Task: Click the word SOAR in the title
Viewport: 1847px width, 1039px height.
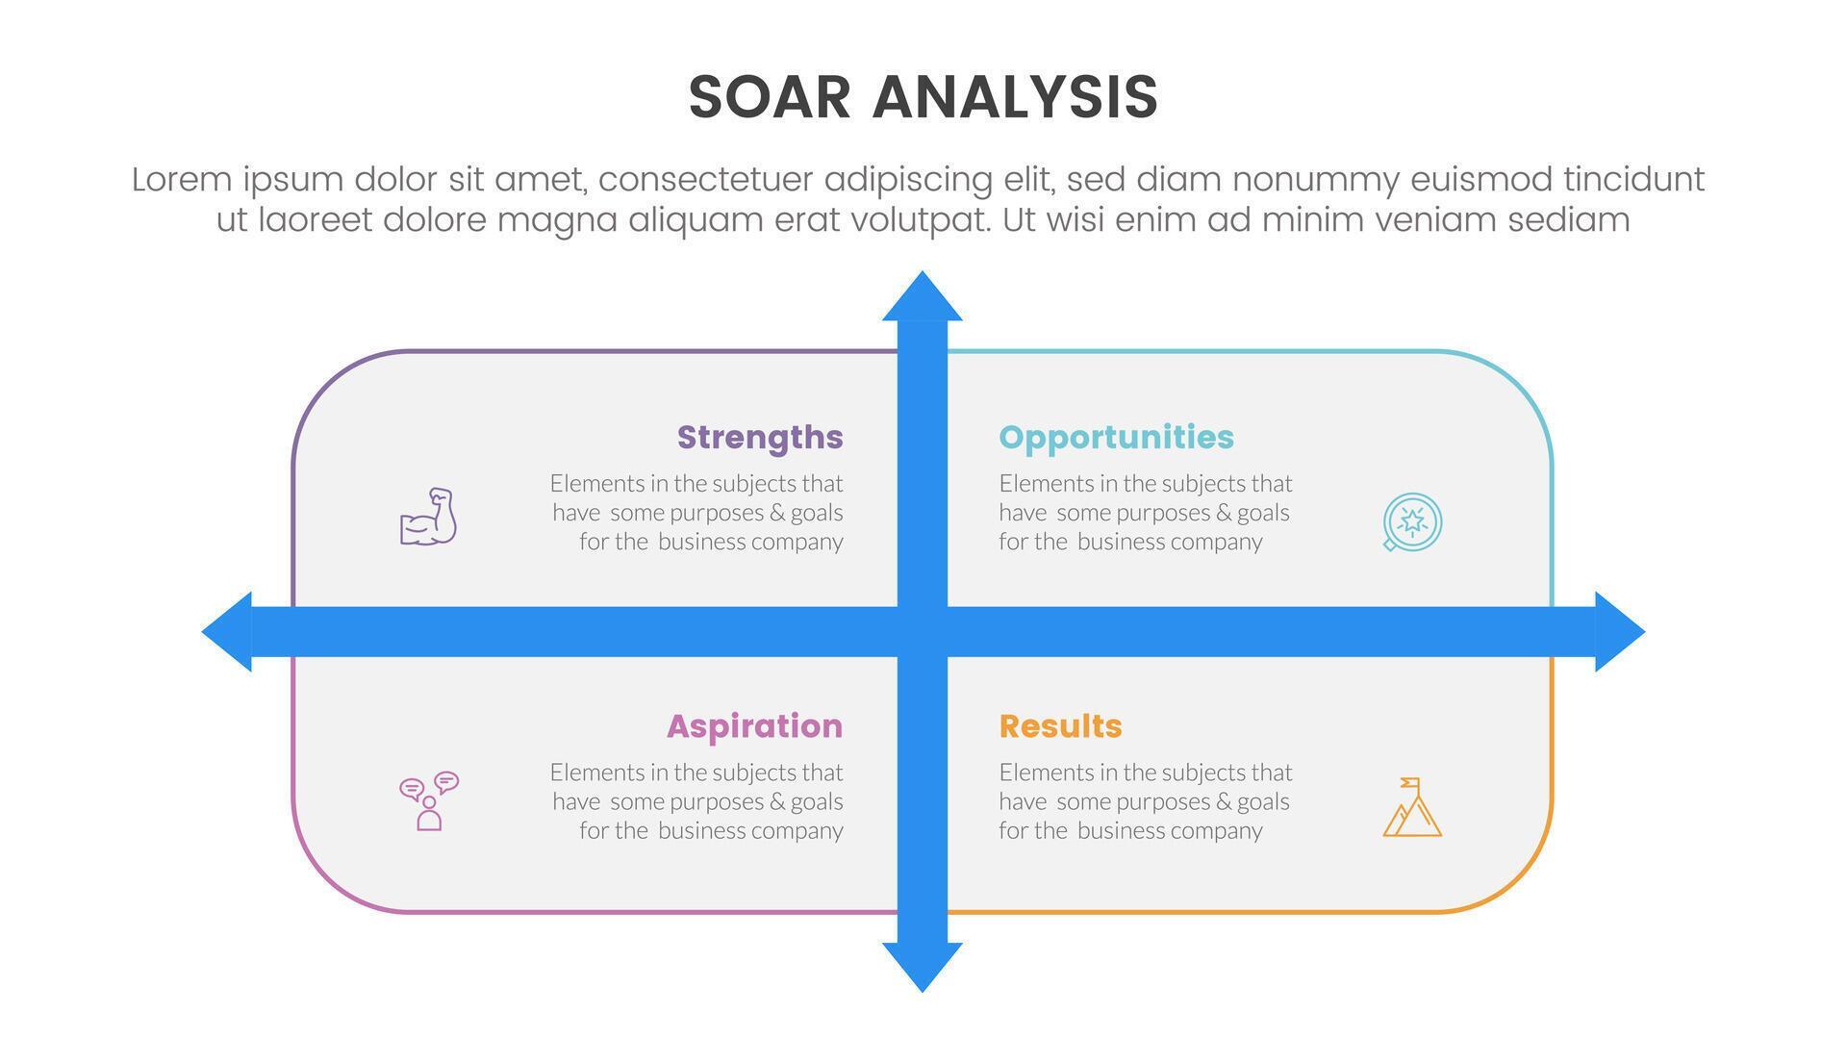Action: [770, 97]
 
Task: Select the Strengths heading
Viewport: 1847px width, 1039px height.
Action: [760, 437]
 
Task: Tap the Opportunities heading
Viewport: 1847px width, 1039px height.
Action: [1116, 437]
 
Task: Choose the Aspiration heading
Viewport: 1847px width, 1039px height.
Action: [754, 725]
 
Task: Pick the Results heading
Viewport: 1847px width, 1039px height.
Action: [1060, 725]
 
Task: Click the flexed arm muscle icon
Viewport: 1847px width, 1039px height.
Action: [428, 518]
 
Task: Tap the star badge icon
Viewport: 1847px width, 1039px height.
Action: [1411, 521]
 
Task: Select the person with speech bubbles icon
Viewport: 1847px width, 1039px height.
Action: [428, 800]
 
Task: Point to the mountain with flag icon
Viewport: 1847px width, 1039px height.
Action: [1411, 808]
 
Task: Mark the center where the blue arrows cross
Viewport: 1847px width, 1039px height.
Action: [922, 631]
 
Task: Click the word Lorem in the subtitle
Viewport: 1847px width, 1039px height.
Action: [182, 180]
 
